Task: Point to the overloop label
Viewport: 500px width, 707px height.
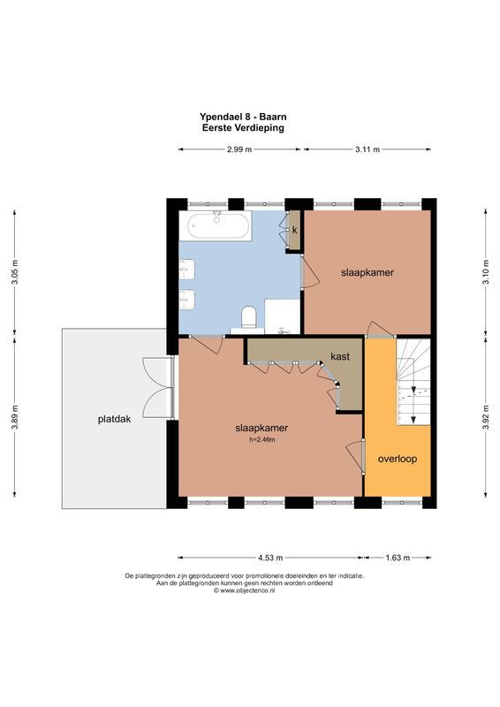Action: pyautogui.click(x=397, y=459)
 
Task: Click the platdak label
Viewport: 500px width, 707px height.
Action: pyautogui.click(x=114, y=420)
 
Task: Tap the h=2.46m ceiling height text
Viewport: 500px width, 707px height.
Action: pyautogui.click(x=262, y=439)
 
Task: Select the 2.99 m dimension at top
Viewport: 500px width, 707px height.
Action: pyautogui.click(x=239, y=149)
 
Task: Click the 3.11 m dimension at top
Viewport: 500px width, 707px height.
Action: pyautogui.click(x=367, y=149)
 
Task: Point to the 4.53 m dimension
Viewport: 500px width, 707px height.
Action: pyautogui.click(x=270, y=558)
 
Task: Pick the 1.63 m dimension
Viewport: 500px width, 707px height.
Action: pyautogui.click(x=398, y=558)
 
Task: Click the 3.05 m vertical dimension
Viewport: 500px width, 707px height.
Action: pyautogui.click(x=14, y=271)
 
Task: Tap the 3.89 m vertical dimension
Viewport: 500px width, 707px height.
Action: pyautogui.click(x=14, y=422)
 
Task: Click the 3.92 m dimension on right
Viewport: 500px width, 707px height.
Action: pyautogui.click(x=486, y=422)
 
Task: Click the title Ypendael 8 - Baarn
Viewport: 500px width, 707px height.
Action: pyautogui.click(x=244, y=116)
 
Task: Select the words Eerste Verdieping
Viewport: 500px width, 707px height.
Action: pyautogui.click(x=243, y=127)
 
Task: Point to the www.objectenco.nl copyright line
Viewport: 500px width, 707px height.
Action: pyautogui.click(x=244, y=590)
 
